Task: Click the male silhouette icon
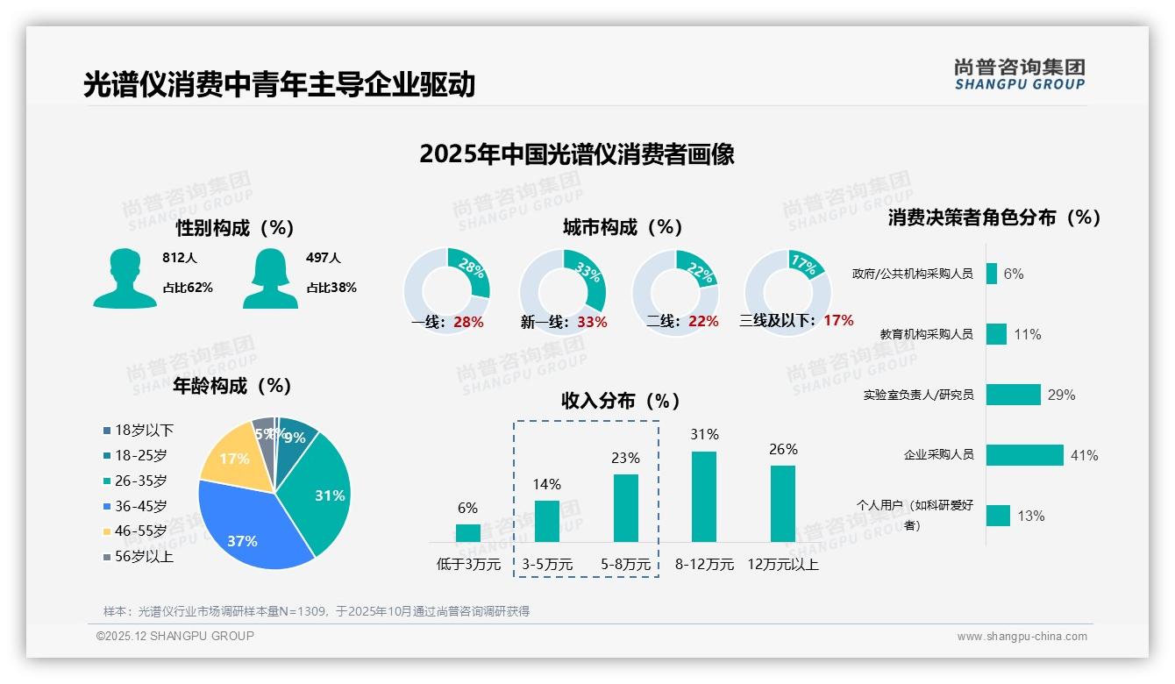coord(125,278)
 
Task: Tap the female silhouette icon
coord(270,278)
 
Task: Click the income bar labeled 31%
coord(704,496)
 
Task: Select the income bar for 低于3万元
coord(468,533)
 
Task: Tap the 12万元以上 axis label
coord(783,565)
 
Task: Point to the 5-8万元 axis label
coord(626,565)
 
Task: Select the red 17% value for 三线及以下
coord(838,321)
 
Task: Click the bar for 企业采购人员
coord(1024,455)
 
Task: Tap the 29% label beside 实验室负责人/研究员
coord(1061,395)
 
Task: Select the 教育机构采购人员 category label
coord(927,334)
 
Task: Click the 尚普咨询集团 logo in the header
coord(1020,75)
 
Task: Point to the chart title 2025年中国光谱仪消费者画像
coord(577,154)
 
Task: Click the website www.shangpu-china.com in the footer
coord(1022,637)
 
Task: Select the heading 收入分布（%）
coord(621,402)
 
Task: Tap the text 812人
coord(180,258)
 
